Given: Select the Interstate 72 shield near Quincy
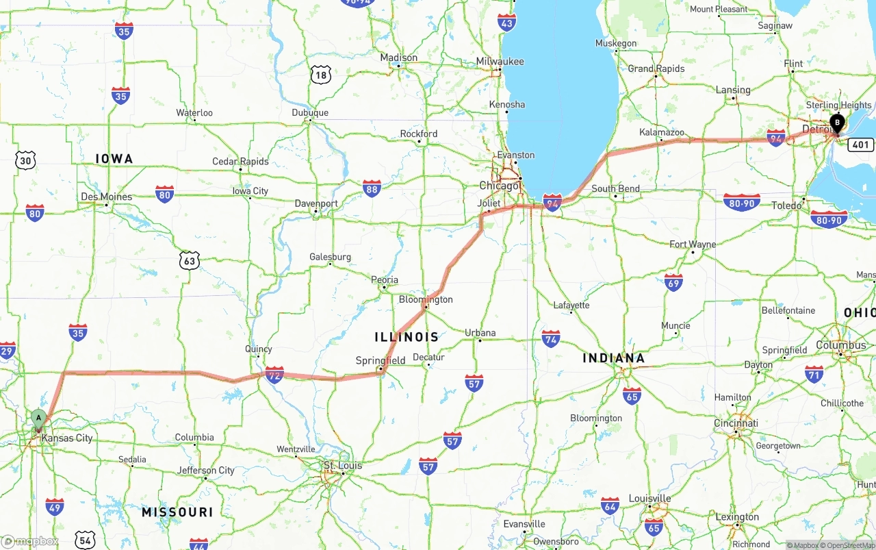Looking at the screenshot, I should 274,375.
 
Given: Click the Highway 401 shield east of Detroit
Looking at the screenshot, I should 860,145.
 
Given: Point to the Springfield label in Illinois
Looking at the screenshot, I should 381,360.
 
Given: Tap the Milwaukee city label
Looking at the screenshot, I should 500,62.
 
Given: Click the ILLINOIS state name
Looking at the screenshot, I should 407,337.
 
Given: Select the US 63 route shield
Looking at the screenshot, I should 190,260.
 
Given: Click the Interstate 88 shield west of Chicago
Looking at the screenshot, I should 372,188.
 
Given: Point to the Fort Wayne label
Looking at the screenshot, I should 693,245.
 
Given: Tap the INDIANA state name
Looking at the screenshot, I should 613,358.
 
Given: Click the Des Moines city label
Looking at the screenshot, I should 106,197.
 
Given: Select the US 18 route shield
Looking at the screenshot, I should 320,75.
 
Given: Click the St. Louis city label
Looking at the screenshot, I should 343,466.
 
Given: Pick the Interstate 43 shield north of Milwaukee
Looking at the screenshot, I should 506,23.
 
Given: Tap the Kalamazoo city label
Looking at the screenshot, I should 662,132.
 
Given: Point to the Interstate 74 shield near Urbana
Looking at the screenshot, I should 551,338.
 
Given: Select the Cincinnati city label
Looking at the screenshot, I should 736,423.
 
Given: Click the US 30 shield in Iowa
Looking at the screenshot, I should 25,160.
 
